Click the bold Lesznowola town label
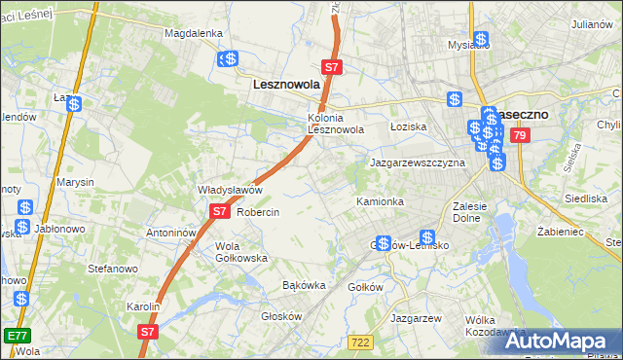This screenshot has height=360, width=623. tap(286, 85)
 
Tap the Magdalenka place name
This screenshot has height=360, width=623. tap(194, 32)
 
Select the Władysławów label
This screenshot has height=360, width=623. tap(231, 190)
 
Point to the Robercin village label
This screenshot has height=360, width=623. tap(259, 212)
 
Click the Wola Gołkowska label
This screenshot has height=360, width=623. tap(241, 252)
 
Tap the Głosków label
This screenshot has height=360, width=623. tap(282, 316)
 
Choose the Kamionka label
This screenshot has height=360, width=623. tap(380, 201)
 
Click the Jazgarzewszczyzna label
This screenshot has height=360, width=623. tap(417, 163)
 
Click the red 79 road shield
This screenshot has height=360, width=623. tap(519, 135)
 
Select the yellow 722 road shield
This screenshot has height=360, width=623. tap(360, 341)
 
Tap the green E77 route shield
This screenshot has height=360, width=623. tap(17, 335)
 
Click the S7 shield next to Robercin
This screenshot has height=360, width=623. tap(219, 210)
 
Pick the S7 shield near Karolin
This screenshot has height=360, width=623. tap(147, 332)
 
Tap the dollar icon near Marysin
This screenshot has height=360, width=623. tap(25, 207)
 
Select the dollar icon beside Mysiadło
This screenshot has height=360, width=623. tap(481, 40)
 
